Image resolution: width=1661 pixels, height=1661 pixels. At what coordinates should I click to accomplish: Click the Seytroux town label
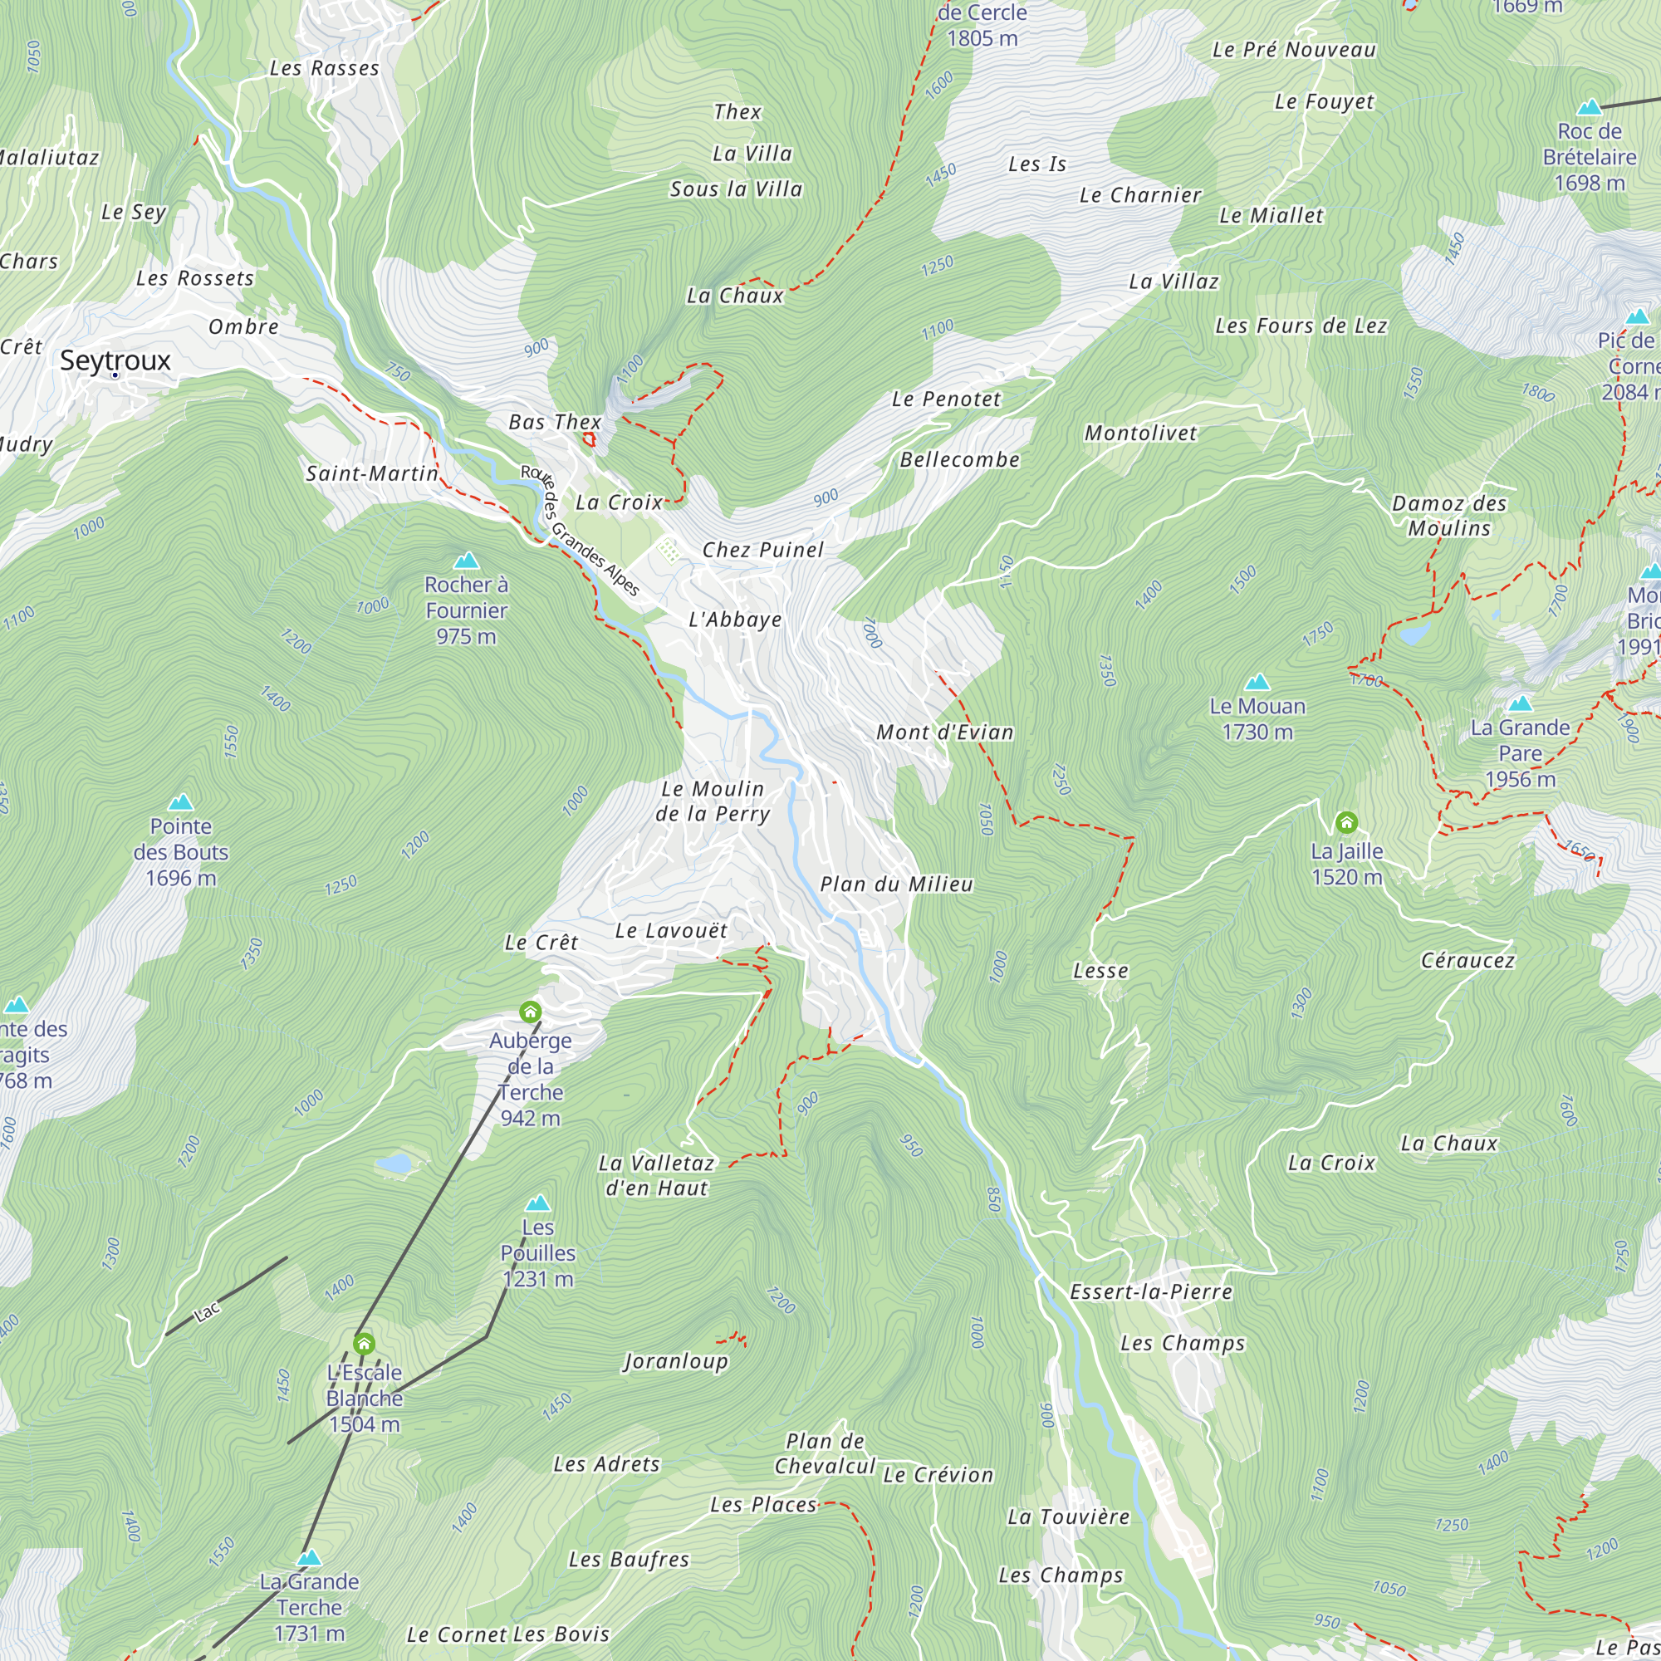point(115,360)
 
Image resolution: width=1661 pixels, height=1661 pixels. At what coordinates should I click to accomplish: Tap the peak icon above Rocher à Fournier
point(466,561)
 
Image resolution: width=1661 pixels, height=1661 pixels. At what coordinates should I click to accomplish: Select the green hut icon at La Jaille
point(1346,823)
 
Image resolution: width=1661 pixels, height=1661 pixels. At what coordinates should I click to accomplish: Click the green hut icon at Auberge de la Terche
point(531,1011)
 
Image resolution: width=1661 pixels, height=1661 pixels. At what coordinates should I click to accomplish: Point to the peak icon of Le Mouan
point(1257,683)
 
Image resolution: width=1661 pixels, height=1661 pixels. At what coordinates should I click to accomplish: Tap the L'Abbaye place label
point(735,620)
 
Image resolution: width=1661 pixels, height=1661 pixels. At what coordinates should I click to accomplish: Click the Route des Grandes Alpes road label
point(580,531)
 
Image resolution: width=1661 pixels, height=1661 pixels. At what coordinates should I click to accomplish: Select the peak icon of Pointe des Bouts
point(179,803)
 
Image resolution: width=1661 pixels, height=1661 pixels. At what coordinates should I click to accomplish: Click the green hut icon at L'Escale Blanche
point(364,1343)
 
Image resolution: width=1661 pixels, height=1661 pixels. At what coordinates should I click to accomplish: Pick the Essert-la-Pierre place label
point(1150,1291)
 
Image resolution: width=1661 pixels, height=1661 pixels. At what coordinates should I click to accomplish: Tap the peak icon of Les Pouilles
point(537,1203)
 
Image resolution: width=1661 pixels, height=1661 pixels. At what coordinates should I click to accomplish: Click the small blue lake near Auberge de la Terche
point(394,1164)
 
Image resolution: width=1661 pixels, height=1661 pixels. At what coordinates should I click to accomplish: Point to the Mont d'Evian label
point(944,733)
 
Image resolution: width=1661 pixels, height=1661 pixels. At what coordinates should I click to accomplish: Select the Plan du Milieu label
point(896,884)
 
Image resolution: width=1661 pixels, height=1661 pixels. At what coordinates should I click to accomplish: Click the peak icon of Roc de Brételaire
point(1589,107)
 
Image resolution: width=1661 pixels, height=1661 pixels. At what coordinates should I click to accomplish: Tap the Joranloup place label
point(675,1361)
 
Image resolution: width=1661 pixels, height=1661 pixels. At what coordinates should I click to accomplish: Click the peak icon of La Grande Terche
point(309,1558)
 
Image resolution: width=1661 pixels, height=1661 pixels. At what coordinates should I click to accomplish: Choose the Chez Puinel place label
point(762,551)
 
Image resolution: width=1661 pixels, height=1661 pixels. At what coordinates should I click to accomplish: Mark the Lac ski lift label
point(207,1311)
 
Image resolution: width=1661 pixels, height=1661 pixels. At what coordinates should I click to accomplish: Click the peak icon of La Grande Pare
point(1519,704)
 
